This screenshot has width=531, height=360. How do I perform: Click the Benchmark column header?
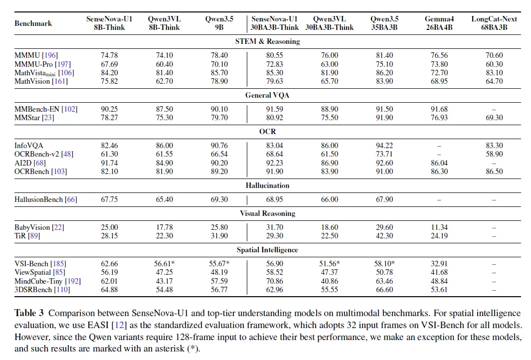pyautogui.click(x=33, y=23)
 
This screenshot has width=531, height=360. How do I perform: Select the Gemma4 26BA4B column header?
pyautogui.click(x=439, y=23)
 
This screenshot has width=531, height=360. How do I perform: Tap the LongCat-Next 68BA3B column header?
pyautogui.click(x=494, y=23)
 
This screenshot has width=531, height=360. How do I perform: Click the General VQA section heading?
pyautogui.click(x=267, y=95)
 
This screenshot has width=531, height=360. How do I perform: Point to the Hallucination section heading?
pyautogui.click(x=268, y=185)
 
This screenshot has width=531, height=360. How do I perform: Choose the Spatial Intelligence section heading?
pyautogui.click(x=267, y=250)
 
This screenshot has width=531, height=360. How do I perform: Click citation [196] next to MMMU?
pyautogui.click(x=50, y=55)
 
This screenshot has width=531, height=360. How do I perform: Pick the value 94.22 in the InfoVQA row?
pyautogui.click(x=384, y=146)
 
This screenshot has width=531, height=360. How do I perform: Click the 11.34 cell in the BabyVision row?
pyautogui.click(x=439, y=227)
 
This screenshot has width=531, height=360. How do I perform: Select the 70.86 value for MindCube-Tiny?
pyautogui.click(x=274, y=281)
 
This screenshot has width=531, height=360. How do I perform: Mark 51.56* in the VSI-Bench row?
pyautogui.click(x=330, y=264)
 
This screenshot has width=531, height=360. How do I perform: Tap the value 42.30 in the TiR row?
pyautogui.click(x=384, y=236)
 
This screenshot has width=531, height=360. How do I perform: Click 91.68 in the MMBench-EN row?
pyautogui.click(x=439, y=109)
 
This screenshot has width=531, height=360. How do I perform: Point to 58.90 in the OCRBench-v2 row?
pyautogui.click(x=494, y=154)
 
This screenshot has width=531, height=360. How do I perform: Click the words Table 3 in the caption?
pyautogui.click(x=29, y=313)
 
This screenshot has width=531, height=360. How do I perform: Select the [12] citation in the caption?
pyautogui.click(x=119, y=325)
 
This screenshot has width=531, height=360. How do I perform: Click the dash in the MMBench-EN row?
pyautogui.click(x=494, y=110)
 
